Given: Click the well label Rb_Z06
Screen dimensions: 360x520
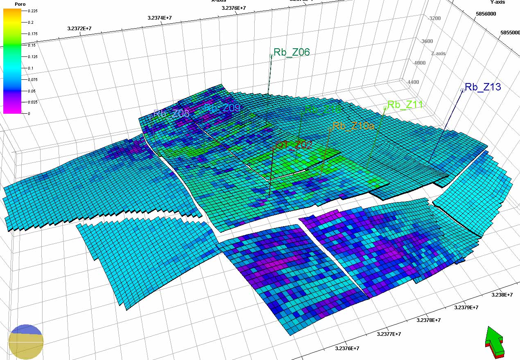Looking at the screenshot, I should pos(292,52).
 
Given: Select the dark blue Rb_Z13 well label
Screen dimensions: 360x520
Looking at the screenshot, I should pos(483,87).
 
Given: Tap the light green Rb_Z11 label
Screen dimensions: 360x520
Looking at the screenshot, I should pos(405,105).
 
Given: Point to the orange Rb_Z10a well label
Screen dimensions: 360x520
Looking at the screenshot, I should pos(353,126).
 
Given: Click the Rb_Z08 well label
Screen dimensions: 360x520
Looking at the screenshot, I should pos(172,114).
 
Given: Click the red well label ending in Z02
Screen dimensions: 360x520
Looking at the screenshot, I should pos(294,144).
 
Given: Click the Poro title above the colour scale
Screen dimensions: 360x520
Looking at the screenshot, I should pos(9,4).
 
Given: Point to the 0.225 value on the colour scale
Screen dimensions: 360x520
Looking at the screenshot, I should pos(33,11).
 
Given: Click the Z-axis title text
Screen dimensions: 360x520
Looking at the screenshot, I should pos(438,54).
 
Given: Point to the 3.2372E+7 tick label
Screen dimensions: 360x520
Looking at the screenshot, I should pos(79,29).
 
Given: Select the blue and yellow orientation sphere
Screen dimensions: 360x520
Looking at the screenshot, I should pos(26,342).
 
